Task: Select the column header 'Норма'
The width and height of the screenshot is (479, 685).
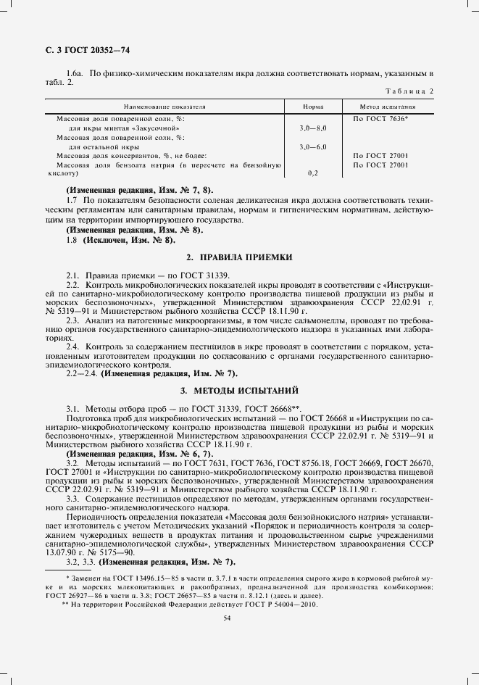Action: tap(313, 107)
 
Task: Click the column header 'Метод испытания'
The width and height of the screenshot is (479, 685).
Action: tap(388, 107)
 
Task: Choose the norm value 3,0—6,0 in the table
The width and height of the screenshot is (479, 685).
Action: tap(313, 146)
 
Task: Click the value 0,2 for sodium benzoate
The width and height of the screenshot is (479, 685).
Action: tap(313, 174)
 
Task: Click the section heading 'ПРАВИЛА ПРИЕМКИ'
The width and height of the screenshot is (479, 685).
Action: tap(245, 257)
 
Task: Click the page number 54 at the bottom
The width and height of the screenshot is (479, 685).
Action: tap(228, 617)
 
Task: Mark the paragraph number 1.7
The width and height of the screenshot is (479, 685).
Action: tap(71, 199)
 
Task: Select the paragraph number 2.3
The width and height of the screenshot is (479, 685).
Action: tap(72, 320)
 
